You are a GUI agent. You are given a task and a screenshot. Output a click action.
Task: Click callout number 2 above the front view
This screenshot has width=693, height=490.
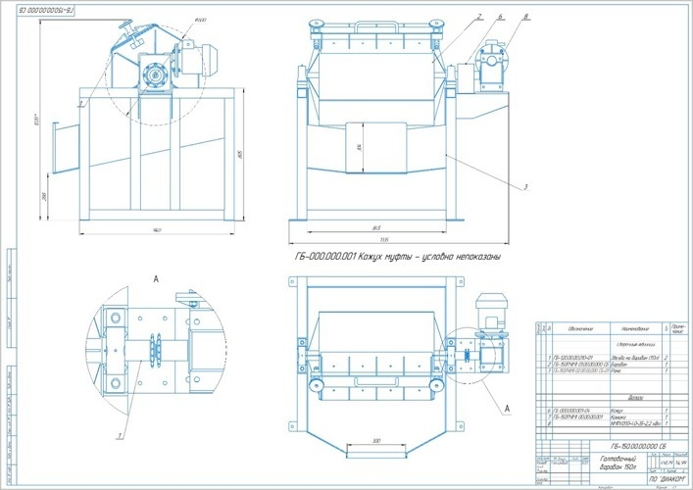click(479, 16)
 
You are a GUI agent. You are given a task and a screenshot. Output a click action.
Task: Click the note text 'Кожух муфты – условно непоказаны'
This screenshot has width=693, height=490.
click(396, 257)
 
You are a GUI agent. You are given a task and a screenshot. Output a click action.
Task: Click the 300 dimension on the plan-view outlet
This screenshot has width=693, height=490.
click(375, 442)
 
